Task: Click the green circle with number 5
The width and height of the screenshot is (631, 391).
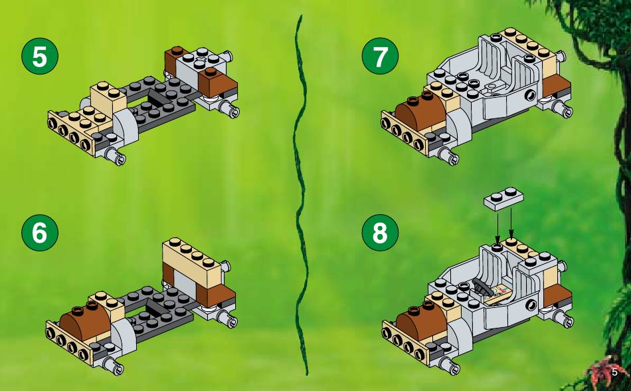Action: click(39, 57)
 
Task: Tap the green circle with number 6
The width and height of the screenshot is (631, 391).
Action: click(39, 232)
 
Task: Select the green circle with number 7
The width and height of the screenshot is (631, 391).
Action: click(380, 57)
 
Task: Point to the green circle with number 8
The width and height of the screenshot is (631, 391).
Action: click(380, 232)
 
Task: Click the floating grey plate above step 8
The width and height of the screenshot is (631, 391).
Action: click(504, 199)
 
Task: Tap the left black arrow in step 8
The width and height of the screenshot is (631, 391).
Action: click(497, 227)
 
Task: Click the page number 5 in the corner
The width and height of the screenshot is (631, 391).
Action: click(614, 372)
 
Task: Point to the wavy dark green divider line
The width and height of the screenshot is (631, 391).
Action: click(301, 195)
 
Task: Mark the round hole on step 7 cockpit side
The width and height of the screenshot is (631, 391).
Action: click(531, 96)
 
